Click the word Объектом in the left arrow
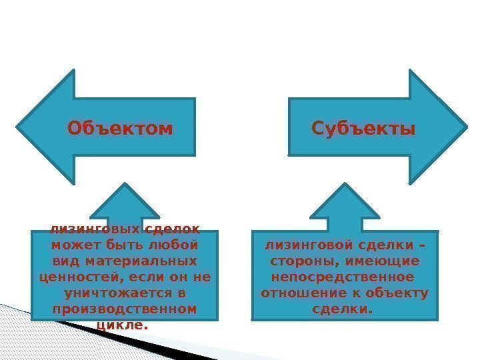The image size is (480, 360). click(120, 127)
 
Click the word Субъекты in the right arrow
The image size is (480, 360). click(363, 127)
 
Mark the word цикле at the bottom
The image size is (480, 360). click(121, 325)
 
